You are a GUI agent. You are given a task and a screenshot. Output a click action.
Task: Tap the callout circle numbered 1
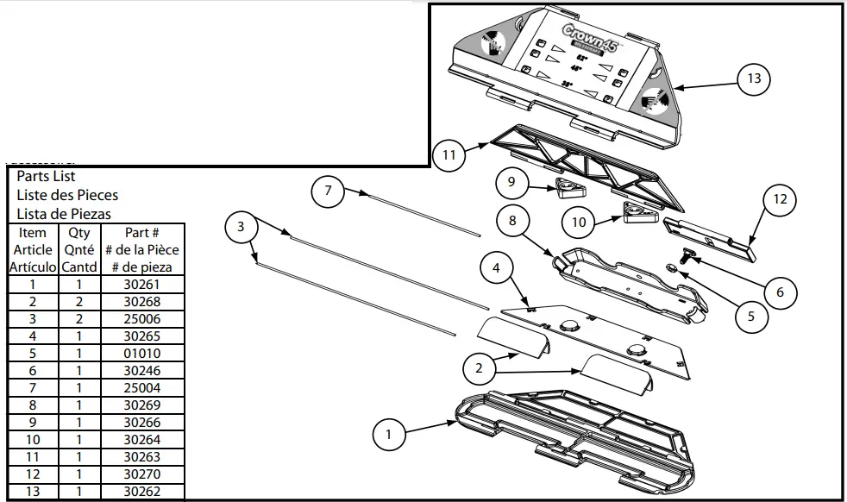[x=389, y=435]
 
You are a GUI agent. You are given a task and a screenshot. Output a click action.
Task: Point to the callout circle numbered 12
[x=781, y=200]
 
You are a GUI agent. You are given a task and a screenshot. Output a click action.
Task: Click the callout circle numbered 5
[x=751, y=316]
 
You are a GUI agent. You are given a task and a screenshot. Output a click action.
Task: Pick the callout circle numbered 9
[x=511, y=182]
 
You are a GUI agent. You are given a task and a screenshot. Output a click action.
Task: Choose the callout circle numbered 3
[x=241, y=227]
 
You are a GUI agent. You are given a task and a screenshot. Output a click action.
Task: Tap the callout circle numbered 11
[x=449, y=155]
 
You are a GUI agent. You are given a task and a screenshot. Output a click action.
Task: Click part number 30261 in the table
[x=141, y=285]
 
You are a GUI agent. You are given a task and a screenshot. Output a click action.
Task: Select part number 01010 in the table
[x=141, y=354]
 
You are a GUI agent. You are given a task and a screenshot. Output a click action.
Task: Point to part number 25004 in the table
[x=141, y=388]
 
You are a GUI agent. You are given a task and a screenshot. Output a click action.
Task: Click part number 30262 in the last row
[x=141, y=492]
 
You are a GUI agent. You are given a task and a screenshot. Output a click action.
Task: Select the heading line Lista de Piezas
[x=64, y=214]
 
